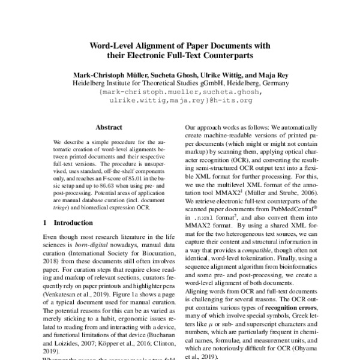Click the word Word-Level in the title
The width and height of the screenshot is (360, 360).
coord(112,44)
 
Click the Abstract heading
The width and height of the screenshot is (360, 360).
coord(109,128)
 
